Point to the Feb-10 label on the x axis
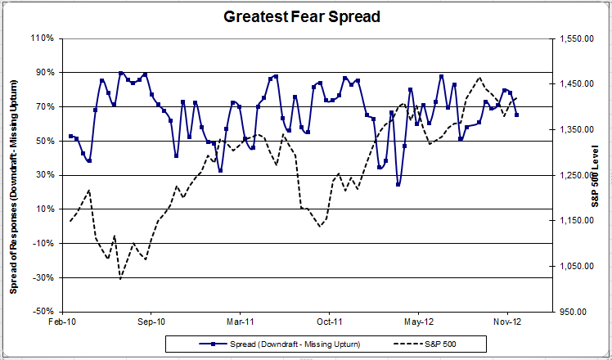64,323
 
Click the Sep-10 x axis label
151,323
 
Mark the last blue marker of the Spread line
516,115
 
